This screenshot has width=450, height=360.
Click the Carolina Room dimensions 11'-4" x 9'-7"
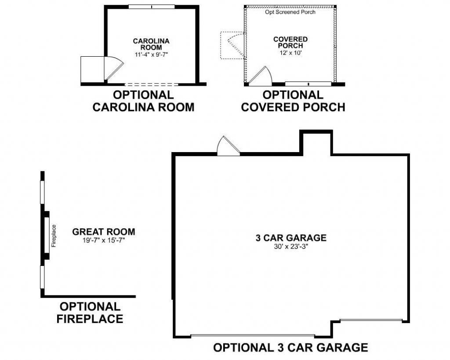coord(151,55)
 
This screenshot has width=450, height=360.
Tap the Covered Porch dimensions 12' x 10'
coord(291,53)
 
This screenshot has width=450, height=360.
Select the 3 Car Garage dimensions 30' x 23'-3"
coord(291,246)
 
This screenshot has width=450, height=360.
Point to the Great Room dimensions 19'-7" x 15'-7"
coord(104,240)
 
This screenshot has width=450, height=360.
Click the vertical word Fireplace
coord(54,236)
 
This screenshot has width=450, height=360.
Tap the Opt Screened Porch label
coord(290,12)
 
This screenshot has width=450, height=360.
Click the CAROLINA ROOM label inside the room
coord(151,44)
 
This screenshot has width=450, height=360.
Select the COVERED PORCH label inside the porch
coord(290,43)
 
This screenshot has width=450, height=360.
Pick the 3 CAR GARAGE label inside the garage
coord(291,238)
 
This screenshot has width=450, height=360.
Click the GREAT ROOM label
coord(104,232)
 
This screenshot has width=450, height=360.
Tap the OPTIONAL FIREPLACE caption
coord(90,313)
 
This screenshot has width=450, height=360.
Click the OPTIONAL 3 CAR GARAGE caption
coord(290,347)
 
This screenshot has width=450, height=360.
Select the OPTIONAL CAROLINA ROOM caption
coord(143,101)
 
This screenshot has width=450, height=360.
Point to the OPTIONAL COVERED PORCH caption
coord(293,101)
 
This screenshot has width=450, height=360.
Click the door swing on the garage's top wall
coord(228,146)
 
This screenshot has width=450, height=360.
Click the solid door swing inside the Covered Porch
coord(260,76)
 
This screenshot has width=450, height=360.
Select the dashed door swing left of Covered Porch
coord(236,45)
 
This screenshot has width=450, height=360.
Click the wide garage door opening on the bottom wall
coord(253,335)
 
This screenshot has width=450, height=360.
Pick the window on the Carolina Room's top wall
coord(152,7)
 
